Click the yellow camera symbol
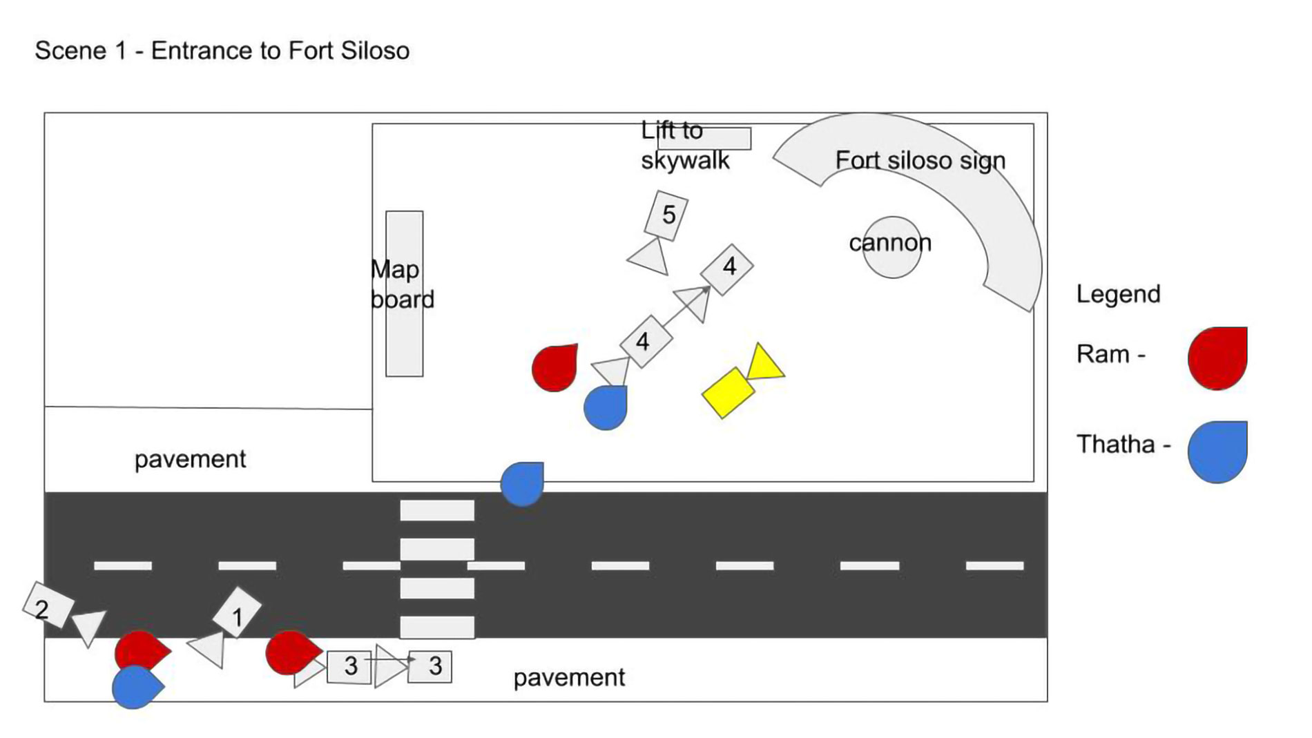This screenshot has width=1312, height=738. click(728, 392)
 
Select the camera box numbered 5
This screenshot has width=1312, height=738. click(666, 215)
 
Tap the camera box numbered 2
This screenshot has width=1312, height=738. click(48, 605)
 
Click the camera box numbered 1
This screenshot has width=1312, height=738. click(237, 613)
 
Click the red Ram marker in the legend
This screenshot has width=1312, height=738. click(1217, 358)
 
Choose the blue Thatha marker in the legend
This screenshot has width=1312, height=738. click(1217, 451)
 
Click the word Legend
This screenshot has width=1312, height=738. click(1118, 294)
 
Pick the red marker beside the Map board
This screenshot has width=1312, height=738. click(554, 367)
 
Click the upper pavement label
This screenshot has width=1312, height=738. click(190, 459)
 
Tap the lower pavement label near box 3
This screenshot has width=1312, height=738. click(568, 677)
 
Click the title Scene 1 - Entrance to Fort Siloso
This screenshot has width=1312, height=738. click(222, 50)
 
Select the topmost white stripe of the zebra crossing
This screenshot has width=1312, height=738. click(437, 510)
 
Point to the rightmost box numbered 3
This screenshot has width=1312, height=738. click(430, 666)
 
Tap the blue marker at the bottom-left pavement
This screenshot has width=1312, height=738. click(135, 687)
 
